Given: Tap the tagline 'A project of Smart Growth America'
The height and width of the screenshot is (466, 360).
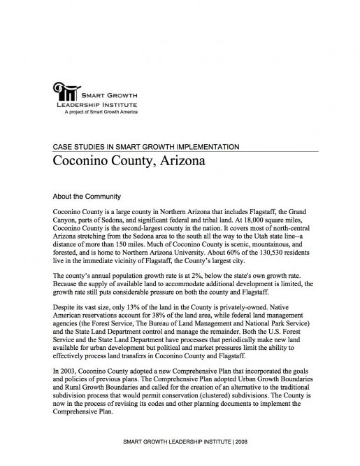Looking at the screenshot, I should [101, 112].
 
